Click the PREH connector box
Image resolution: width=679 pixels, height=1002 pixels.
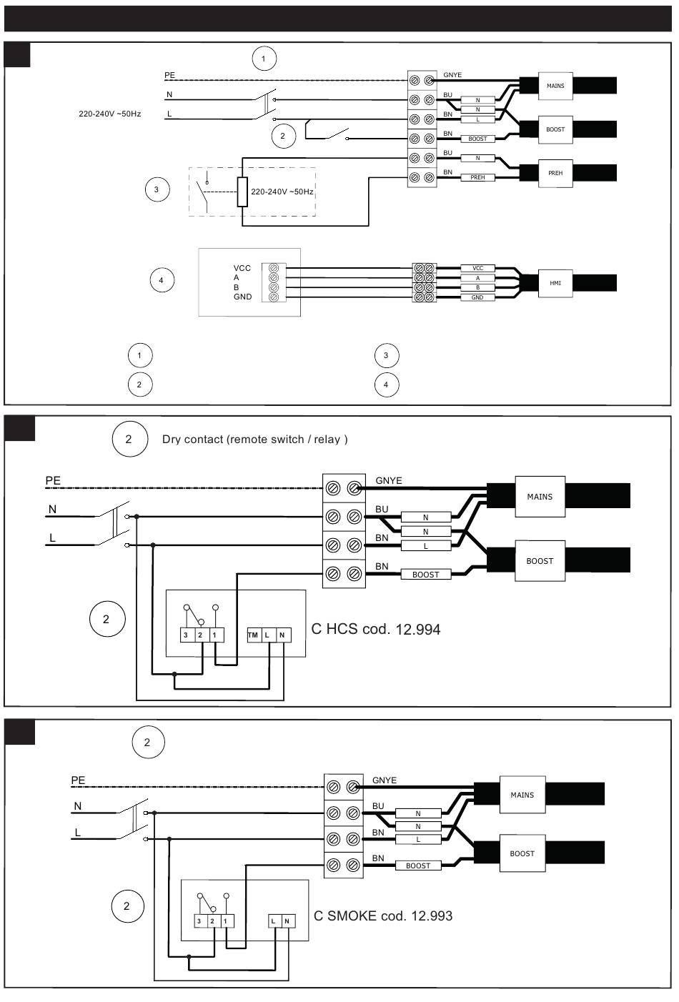click(555, 173)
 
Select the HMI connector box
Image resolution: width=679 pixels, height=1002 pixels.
click(555, 283)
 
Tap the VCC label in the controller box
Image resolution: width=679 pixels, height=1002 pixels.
click(242, 269)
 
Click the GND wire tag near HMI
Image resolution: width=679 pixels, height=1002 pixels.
click(477, 297)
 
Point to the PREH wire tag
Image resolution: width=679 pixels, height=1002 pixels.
click(477, 177)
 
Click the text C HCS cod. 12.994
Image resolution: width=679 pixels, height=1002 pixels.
click(376, 630)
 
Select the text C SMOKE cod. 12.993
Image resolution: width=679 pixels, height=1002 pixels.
click(383, 916)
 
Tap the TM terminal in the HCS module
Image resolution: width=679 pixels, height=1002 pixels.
click(252, 635)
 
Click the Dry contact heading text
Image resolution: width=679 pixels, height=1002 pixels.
click(254, 440)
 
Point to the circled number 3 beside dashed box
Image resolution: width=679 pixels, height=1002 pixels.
click(157, 189)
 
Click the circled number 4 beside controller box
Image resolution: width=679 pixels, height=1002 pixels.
click(162, 280)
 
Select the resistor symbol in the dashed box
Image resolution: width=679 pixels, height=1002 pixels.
click(242, 192)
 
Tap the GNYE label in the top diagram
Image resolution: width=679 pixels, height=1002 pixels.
click(452, 75)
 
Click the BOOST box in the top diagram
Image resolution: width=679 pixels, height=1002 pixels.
click(555, 129)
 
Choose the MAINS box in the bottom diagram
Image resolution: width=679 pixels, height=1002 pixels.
click(522, 795)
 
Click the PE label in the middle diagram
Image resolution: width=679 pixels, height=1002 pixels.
click(54, 480)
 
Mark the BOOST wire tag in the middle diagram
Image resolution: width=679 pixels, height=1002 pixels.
click(426, 575)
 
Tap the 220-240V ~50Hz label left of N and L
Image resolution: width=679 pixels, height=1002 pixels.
click(109, 114)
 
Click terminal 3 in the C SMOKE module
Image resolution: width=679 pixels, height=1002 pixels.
click(199, 921)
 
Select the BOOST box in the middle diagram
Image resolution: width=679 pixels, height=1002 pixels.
click(540, 561)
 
